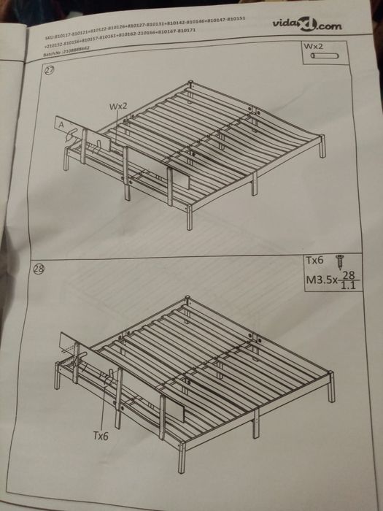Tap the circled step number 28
pyautogui.click(x=40, y=271)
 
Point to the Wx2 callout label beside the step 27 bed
pyautogui.click(x=119, y=107)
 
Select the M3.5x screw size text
pyautogui.click(x=321, y=279)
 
